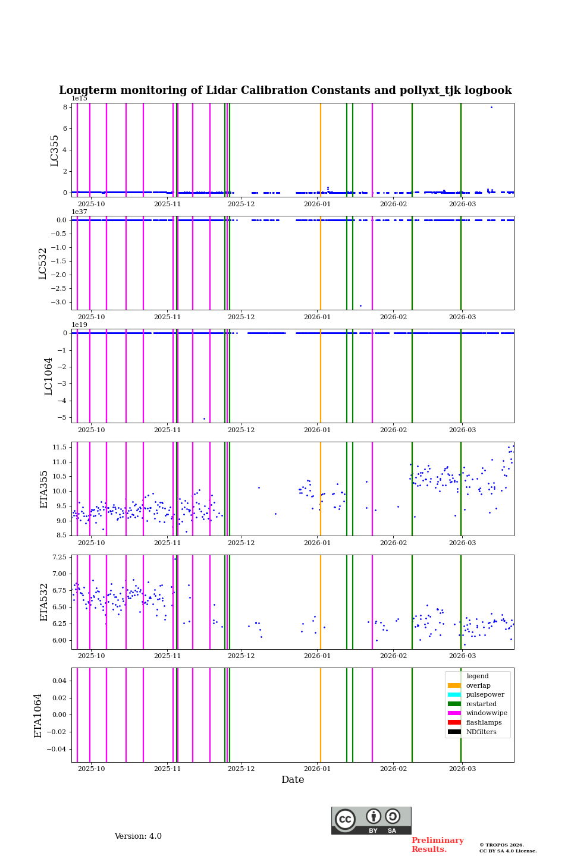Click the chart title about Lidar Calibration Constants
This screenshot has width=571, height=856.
click(285, 90)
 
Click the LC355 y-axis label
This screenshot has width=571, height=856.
click(55, 150)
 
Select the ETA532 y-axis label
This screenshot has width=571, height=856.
click(44, 602)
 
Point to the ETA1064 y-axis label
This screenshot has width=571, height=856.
click(38, 715)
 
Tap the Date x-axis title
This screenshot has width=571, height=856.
click(293, 780)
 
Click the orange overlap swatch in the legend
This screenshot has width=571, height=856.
click(454, 685)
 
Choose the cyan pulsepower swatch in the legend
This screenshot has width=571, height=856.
click(454, 695)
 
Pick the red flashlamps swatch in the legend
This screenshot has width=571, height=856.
click(454, 723)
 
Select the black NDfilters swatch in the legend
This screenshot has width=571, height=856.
click(454, 732)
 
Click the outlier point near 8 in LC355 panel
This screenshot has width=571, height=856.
click(491, 107)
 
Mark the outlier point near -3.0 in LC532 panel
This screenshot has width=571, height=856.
click(360, 306)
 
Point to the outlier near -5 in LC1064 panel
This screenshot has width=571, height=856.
click(204, 418)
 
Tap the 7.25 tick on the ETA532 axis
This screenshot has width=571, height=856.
click(59, 558)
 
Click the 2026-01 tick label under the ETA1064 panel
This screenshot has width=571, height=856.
click(317, 769)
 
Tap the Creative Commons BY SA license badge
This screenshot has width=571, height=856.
click(371, 820)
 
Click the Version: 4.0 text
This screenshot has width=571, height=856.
click(138, 836)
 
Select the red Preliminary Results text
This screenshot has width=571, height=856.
click(437, 845)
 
